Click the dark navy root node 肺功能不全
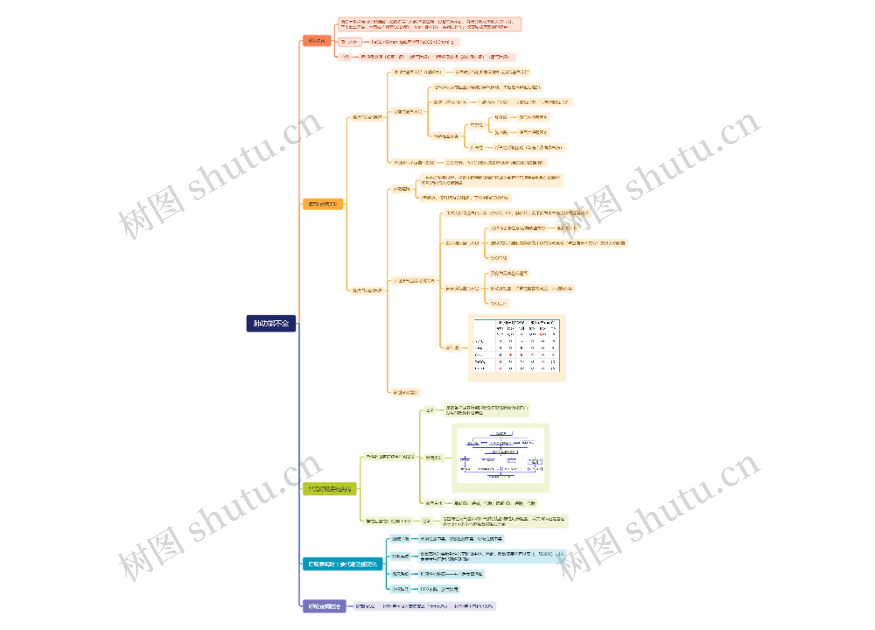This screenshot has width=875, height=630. [271, 323]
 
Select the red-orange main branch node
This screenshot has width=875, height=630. [317, 41]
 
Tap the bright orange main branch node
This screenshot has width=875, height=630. [323, 204]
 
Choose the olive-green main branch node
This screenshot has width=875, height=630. [329, 489]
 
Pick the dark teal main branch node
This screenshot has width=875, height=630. [342, 564]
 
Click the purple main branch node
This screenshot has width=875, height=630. [324, 606]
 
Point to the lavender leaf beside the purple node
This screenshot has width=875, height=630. [425, 606]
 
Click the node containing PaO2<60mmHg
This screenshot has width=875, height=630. [414, 42]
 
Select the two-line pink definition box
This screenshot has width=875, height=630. [429, 24]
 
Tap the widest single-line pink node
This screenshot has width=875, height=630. [437, 57]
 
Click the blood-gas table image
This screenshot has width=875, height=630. [516, 348]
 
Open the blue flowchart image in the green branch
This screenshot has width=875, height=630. [500, 458]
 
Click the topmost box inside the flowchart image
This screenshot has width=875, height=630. [501, 434]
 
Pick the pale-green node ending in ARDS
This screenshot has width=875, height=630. [390, 457]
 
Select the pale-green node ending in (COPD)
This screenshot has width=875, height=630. [389, 521]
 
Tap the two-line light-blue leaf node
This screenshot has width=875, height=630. [492, 556]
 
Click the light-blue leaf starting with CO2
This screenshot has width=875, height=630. [439, 589]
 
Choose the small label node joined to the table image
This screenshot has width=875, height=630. [452, 348]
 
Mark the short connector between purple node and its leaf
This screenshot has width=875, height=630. [350, 606]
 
